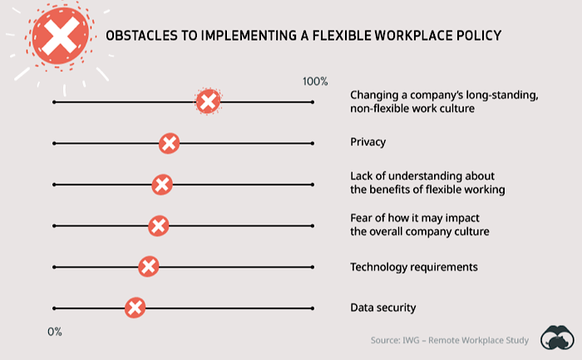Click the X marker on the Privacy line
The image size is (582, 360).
point(169,143)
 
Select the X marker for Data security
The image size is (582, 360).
point(135,308)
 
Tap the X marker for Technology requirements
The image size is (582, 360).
point(148,266)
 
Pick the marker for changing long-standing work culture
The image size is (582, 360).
point(208,102)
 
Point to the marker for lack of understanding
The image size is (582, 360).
point(162,185)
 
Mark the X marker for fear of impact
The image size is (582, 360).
point(158,225)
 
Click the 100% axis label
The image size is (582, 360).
point(315,81)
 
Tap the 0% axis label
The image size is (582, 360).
point(55,332)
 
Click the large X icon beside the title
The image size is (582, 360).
point(60,36)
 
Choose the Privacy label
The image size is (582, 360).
point(368,142)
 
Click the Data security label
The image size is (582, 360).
point(383,308)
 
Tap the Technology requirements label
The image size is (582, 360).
point(414,267)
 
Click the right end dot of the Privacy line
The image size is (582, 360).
point(313,143)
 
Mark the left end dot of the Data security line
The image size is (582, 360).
point(54,308)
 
